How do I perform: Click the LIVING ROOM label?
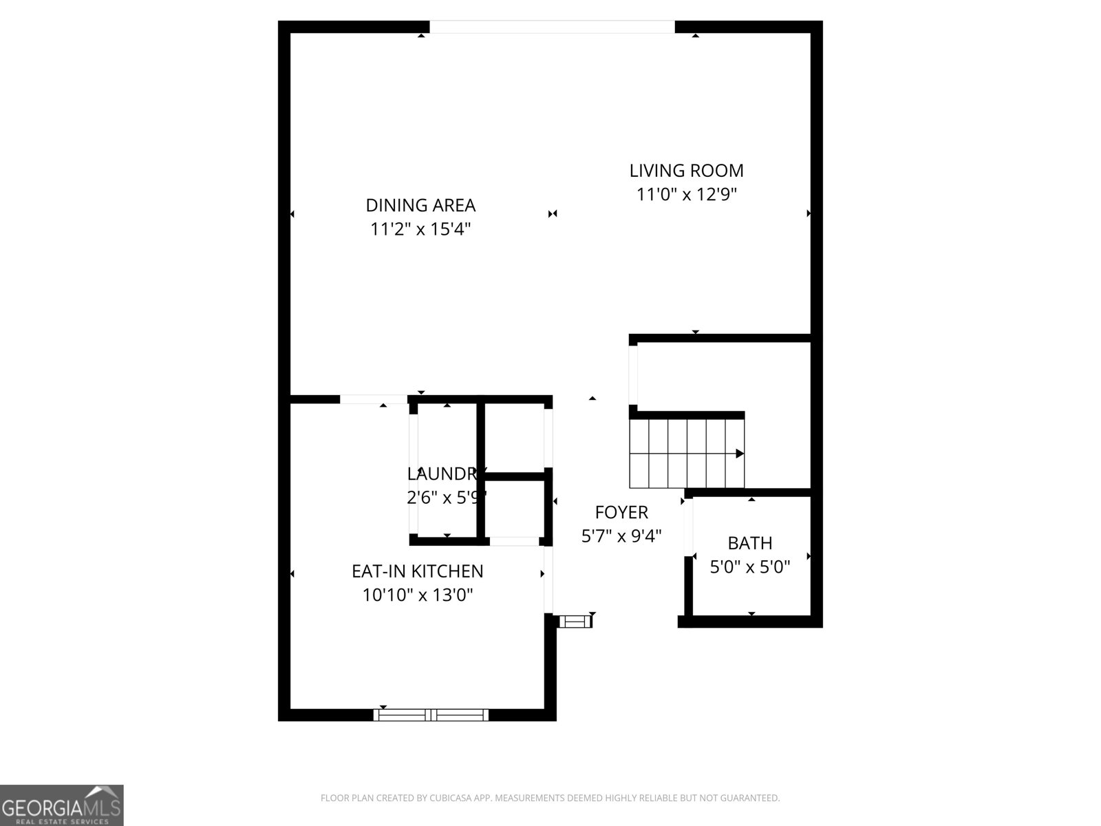click(686, 171)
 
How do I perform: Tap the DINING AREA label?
click(420, 205)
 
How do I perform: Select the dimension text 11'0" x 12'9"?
click(686, 195)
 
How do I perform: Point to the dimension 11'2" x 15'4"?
click(420, 229)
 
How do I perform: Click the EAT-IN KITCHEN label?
click(417, 571)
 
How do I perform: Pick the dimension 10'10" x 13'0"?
click(417, 595)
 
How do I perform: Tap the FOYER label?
click(621, 512)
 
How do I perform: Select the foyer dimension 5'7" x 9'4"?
click(621, 536)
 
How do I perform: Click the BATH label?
click(750, 543)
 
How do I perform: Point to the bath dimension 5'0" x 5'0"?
click(750, 567)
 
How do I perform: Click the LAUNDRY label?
click(442, 474)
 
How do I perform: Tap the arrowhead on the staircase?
click(740, 454)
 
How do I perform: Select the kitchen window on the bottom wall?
click(431, 715)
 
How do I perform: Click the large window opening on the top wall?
click(552, 27)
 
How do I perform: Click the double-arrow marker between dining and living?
click(552, 214)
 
